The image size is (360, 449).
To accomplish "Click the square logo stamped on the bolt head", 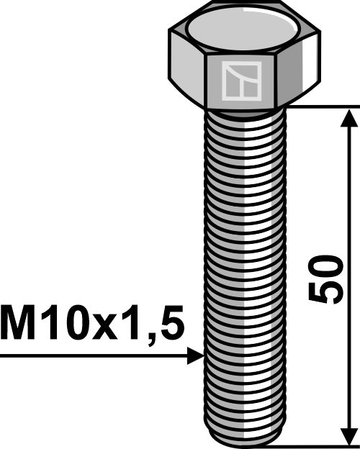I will (240, 80).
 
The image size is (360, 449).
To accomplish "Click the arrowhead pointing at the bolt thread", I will (196, 355).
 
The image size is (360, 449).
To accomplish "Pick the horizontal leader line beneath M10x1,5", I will (94, 355).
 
